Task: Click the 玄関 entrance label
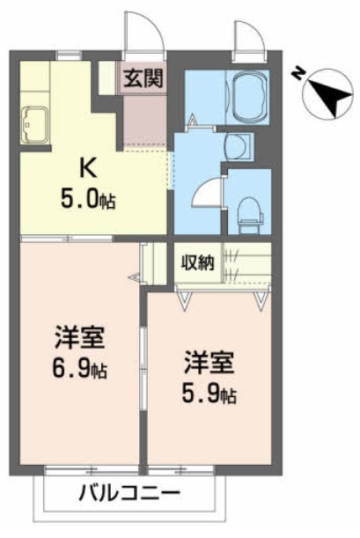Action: pyautogui.click(x=143, y=78)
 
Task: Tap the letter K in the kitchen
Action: pyautogui.click(x=88, y=168)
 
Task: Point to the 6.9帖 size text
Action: pyautogui.click(x=79, y=369)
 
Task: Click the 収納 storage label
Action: pyautogui.click(x=198, y=263)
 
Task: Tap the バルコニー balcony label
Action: pyautogui.click(x=129, y=494)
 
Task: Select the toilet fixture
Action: pyautogui.click(x=250, y=215)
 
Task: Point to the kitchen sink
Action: pyautogui.click(x=34, y=124)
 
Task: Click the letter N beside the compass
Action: pyautogui.click(x=298, y=74)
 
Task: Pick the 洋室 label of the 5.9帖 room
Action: pyautogui.click(x=209, y=362)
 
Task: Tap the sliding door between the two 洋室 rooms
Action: pyautogui.click(x=143, y=367)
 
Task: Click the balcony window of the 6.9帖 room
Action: pyautogui.click(x=92, y=470)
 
